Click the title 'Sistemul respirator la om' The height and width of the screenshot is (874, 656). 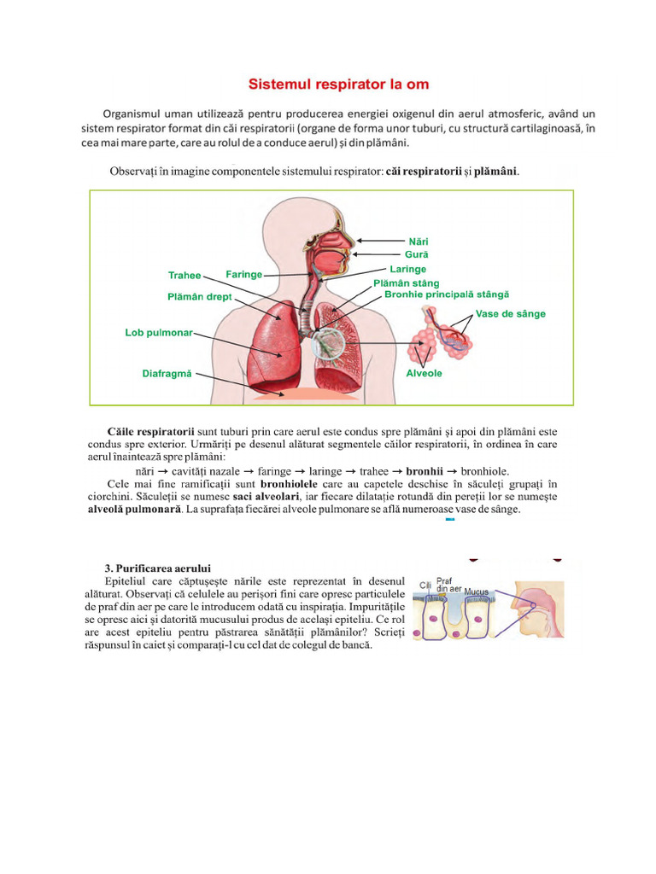click(338, 84)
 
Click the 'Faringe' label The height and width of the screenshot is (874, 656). click(243, 274)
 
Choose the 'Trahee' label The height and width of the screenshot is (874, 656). click(184, 276)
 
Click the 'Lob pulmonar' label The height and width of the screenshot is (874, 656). click(159, 333)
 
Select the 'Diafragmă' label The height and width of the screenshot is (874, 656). click(167, 373)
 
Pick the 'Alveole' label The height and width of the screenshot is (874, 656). click(424, 374)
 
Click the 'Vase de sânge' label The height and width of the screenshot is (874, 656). click(510, 313)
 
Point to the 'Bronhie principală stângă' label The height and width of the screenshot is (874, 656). click(447, 294)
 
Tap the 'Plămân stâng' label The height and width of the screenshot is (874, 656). click(407, 283)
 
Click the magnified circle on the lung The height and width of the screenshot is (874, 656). click(330, 343)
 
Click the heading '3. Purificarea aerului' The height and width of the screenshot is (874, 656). click(158, 568)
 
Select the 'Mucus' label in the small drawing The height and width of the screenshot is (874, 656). click(477, 591)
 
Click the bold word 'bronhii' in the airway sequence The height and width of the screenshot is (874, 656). click(429, 470)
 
